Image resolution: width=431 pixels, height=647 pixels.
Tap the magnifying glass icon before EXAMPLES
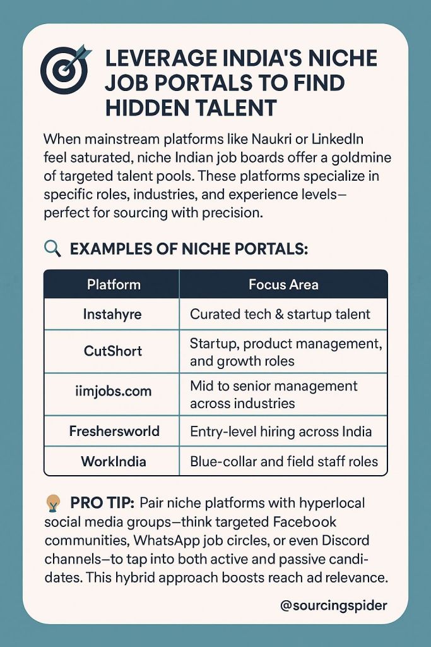click(x=53, y=248)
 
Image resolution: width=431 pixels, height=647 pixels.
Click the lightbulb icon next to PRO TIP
click(x=53, y=503)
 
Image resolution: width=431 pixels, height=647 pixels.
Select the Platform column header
click(x=114, y=284)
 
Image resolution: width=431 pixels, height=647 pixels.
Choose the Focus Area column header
click(x=283, y=284)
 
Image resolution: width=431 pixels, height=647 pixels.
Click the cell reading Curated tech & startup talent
click(x=280, y=313)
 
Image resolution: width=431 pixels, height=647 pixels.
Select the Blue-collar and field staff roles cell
click(x=284, y=461)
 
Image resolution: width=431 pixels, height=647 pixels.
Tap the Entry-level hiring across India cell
click(x=281, y=432)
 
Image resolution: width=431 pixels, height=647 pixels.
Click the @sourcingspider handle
click(x=333, y=605)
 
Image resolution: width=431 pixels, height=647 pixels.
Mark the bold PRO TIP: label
click(x=102, y=503)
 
